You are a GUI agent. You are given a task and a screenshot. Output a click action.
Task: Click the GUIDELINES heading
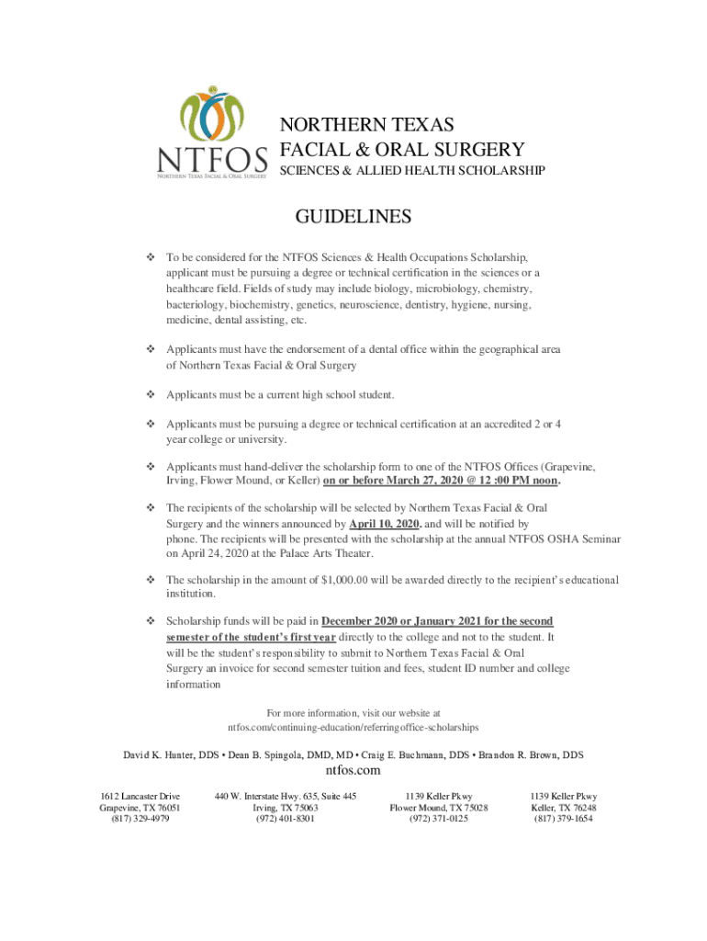(x=353, y=217)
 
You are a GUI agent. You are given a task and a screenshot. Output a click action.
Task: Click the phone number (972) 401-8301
(x=285, y=819)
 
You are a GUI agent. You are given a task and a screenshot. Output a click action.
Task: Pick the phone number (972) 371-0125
(x=438, y=819)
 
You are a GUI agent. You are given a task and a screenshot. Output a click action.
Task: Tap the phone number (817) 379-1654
(x=563, y=819)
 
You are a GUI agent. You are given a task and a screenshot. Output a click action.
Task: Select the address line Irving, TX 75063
(x=285, y=808)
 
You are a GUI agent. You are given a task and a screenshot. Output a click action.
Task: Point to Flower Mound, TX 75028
(x=438, y=808)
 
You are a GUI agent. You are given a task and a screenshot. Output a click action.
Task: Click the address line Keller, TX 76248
(x=563, y=808)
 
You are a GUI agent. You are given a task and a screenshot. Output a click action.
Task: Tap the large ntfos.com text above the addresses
(x=353, y=771)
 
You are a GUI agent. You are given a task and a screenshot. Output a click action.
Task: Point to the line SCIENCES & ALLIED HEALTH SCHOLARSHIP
(x=412, y=171)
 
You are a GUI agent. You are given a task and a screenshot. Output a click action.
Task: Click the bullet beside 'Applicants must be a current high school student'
(x=150, y=395)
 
